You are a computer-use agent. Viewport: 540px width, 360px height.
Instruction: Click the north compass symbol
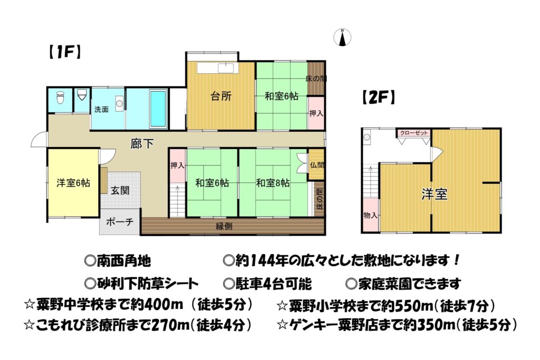click(342, 37)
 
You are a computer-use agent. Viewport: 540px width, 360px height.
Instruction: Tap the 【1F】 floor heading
click(64, 52)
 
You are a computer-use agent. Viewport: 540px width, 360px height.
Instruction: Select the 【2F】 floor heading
click(378, 98)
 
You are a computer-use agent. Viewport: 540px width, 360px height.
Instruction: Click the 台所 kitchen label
click(221, 96)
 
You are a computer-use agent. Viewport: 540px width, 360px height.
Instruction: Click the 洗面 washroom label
click(101, 110)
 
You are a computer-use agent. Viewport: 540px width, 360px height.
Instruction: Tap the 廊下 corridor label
click(142, 143)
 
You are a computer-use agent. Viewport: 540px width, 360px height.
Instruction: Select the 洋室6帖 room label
click(73, 183)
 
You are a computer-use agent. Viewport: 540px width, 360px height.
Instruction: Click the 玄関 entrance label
click(120, 190)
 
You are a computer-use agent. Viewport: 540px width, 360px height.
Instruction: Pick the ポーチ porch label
click(120, 221)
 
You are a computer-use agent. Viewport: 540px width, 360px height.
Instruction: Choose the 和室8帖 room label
click(273, 183)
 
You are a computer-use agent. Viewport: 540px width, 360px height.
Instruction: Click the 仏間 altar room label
click(317, 165)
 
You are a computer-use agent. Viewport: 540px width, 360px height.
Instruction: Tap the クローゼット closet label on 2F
click(414, 133)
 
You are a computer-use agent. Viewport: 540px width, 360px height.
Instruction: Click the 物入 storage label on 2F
click(371, 216)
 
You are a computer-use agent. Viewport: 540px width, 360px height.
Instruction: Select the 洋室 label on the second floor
click(435, 194)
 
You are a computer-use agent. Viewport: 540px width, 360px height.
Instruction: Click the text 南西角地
click(118, 261)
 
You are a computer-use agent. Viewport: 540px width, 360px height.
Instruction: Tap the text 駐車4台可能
click(267, 284)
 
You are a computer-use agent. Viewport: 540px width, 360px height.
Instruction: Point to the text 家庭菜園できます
click(403, 284)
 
